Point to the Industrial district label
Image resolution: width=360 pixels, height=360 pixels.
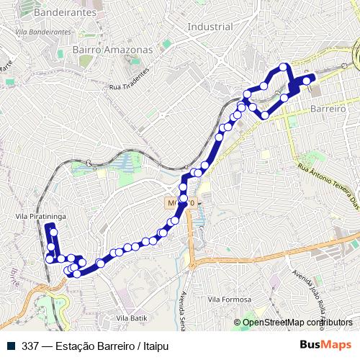tap(210, 27)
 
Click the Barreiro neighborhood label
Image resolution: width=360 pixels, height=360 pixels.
tap(328, 107)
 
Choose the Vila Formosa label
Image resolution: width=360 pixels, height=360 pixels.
tap(229, 300)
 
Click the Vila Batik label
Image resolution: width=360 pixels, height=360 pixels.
tap(130, 318)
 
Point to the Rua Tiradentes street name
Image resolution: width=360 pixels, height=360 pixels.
tap(130, 81)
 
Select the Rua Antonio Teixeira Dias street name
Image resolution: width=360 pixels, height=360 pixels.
tap(327, 184)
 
